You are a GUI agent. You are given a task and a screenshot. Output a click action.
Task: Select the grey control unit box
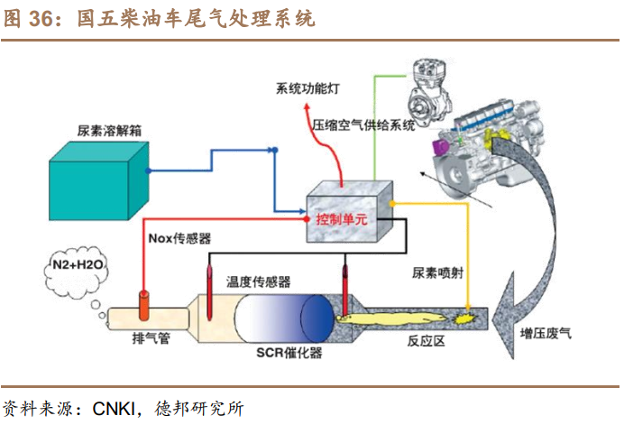pos(347,212)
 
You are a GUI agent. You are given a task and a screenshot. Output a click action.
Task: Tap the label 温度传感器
pos(259,282)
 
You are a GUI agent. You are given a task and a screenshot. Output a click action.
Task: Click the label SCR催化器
pos(288,352)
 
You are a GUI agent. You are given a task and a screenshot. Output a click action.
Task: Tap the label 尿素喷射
pos(438,272)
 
